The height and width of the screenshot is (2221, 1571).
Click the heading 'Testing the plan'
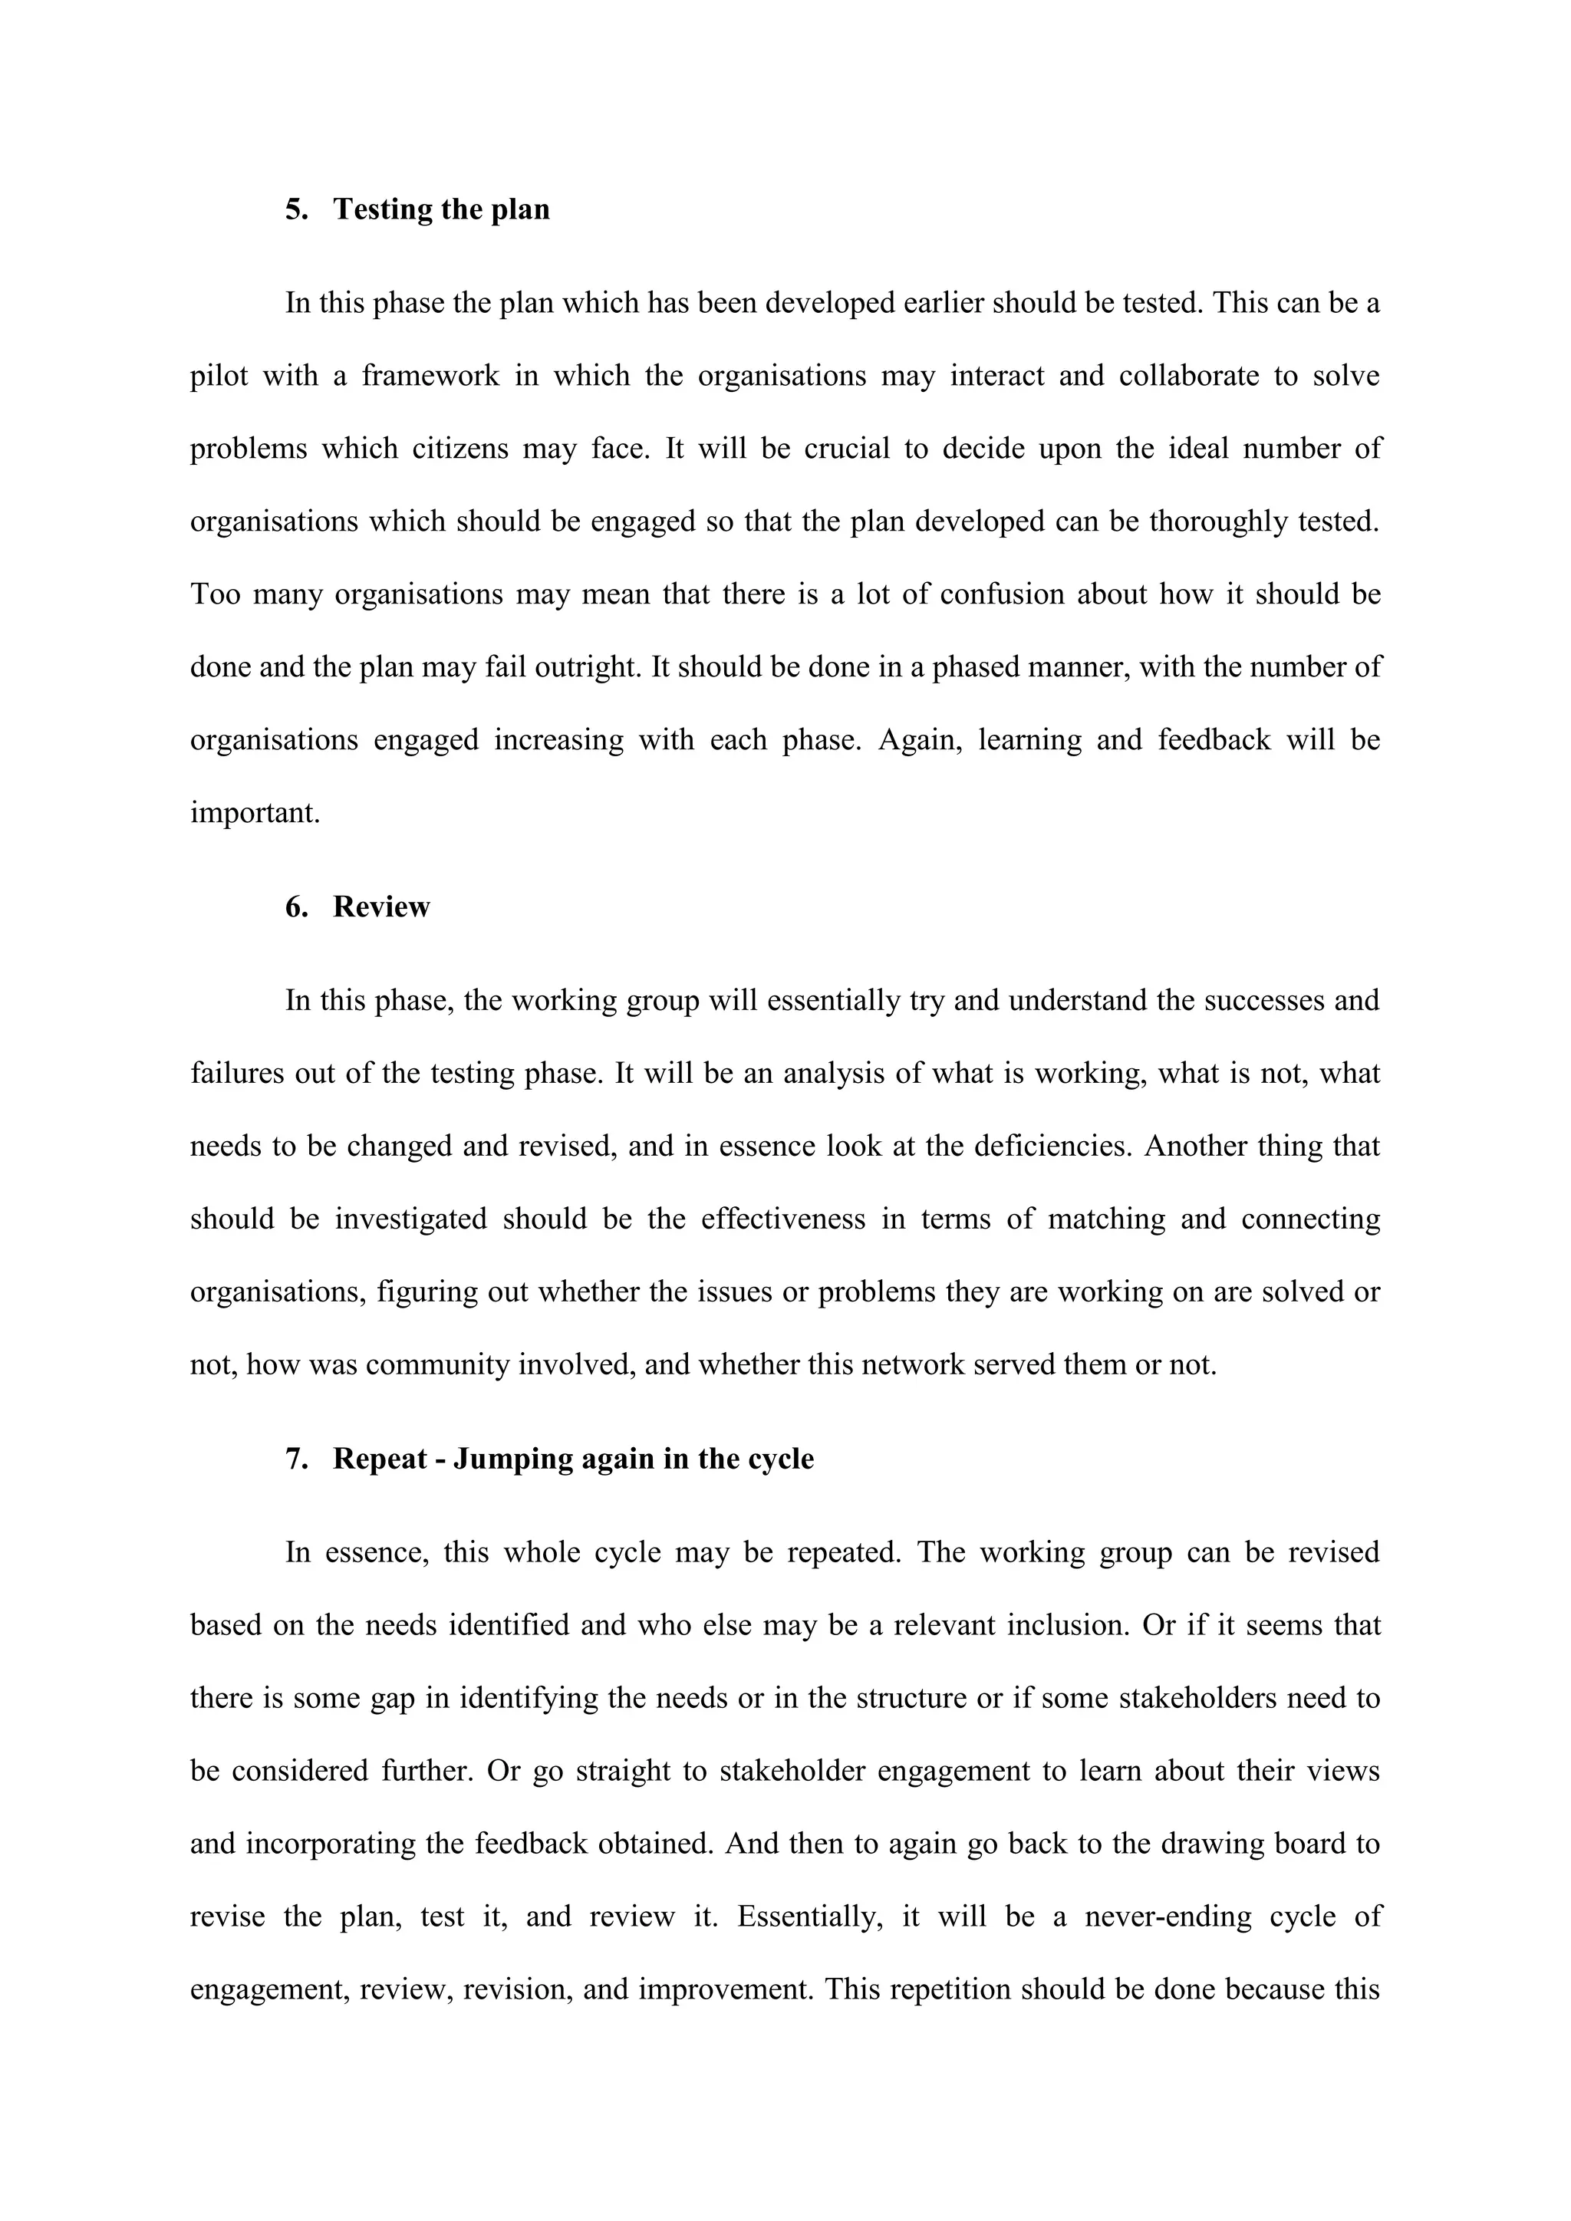(441, 210)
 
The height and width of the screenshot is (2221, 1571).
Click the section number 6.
(295, 907)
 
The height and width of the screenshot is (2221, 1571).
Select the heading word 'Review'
(381, 907)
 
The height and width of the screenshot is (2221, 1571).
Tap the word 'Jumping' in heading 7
(512, 1459)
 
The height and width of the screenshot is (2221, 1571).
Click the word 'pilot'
(219, 377)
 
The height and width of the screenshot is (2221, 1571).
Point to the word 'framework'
(430, 377)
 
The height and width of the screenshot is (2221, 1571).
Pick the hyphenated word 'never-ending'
(1166, 1917)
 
